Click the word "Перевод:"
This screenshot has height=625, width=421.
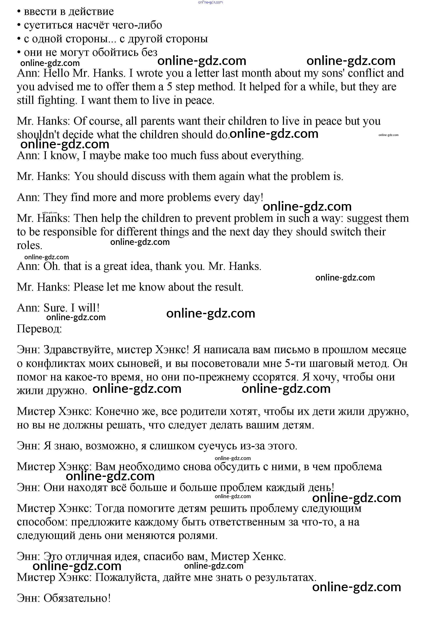click(39, 329)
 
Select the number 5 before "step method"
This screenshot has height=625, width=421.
click(169, 87)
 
